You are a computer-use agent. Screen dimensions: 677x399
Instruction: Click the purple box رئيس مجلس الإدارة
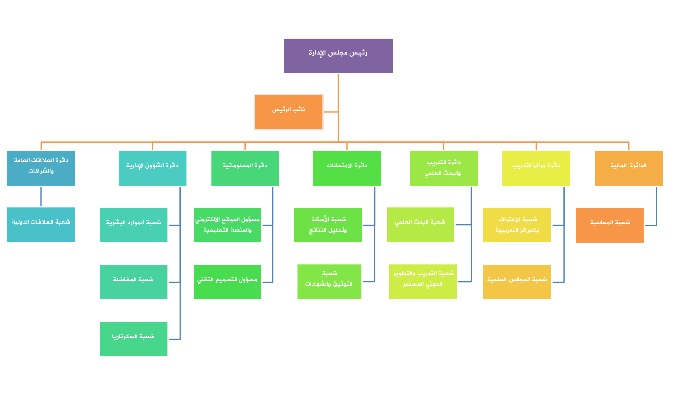pyautogui.click(x=338, y=56)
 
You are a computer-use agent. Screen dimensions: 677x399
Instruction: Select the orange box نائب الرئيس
pyautogui.click(x=288, y=112)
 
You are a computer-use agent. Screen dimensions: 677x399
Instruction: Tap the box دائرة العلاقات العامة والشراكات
pyautogui.click(x=41, y=168)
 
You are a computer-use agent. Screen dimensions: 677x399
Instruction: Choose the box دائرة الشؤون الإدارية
pyautogui.click(x=152, y=168)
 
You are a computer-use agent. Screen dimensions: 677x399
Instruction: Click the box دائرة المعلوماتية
pyautogui.click(x=245, y=168)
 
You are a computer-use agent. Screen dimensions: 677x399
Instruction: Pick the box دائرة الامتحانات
pyautogui.click(x=347, y=168)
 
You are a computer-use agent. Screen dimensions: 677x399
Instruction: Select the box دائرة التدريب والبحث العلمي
pyautogui.click(x=444, y=168)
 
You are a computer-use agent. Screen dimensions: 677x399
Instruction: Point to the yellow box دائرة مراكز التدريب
pyautogui.click(x=536, y=168)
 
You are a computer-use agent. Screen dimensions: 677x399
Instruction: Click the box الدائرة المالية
pyautogui.click(x=629, y=168)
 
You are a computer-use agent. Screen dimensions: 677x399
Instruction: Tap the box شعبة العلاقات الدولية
pyautogui.click(x=41, y=225)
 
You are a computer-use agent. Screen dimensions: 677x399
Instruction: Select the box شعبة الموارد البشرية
pyautogui.click(x=133, y=225)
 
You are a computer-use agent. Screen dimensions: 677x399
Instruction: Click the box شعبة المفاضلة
pyautogui.click(x=133, y=282)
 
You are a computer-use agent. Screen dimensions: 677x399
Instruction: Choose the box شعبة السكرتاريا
pyautogui.click(x=133, y=339)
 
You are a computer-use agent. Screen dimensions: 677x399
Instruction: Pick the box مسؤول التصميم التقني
pyautogui.click(x=227, y=282)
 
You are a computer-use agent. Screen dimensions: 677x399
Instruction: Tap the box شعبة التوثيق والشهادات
pyautogui.click(x=329, y=282)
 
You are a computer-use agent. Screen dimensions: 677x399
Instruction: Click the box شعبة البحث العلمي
pyautogui.click(x=420, y=225)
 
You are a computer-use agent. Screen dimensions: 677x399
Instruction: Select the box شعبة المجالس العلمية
pyautogui.click(x=517, y=282)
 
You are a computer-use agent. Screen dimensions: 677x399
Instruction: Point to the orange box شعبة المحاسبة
pyautogui.click(x=610, y=225)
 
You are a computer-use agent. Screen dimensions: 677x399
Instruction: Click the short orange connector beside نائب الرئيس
pyautogui.click(x=331, y=112)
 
